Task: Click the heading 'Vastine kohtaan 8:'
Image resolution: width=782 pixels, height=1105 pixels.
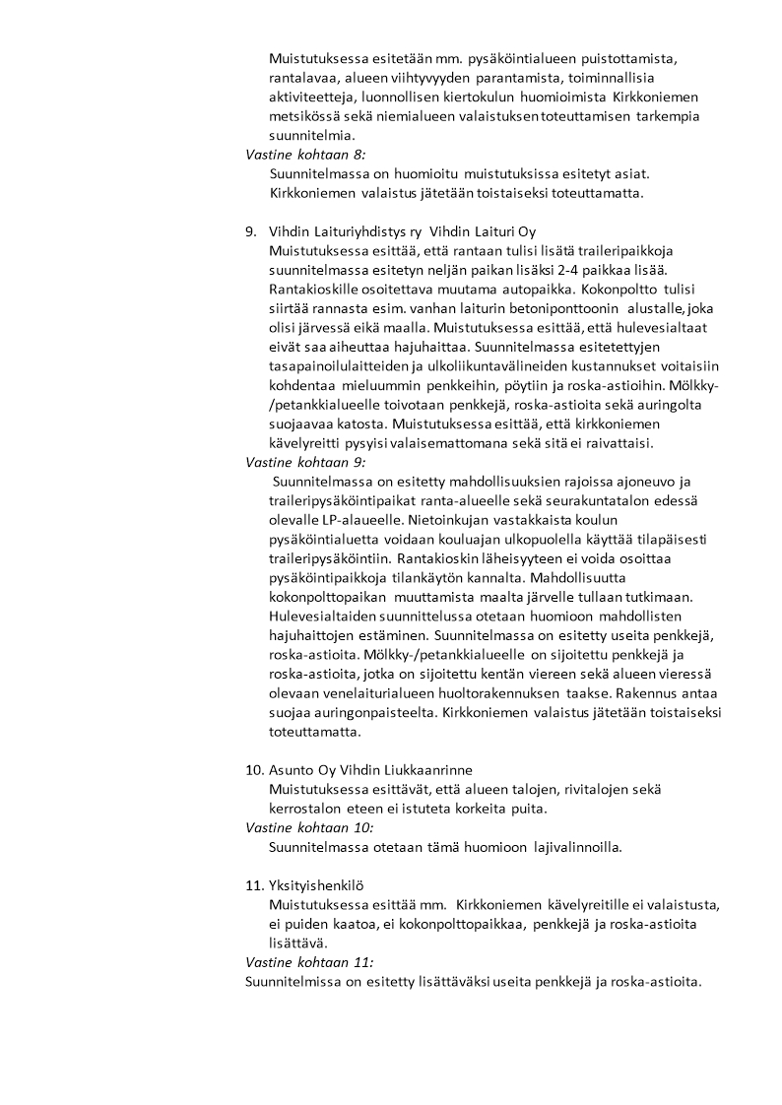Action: [304, 155]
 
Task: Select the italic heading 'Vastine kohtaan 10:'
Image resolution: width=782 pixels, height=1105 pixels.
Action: [308, 828]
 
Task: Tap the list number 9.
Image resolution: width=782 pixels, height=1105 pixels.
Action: [250, 231]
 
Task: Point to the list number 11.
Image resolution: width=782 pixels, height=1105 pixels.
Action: [253, 885]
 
